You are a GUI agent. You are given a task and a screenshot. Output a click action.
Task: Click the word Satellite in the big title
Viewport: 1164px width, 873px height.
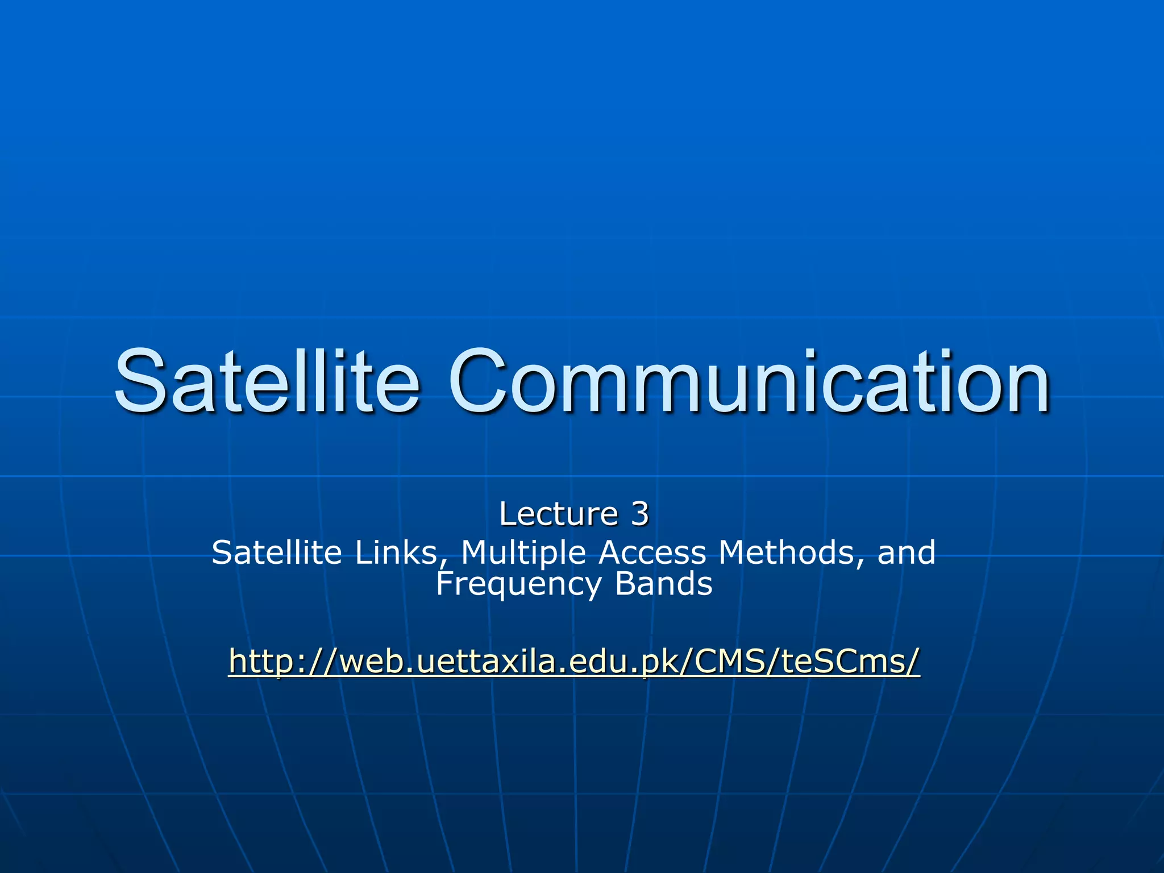pos(267,381)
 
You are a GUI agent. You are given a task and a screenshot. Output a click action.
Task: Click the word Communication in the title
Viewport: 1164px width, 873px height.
pos(749,381)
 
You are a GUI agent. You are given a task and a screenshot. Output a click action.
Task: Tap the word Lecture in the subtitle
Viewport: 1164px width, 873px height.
pos(559,514)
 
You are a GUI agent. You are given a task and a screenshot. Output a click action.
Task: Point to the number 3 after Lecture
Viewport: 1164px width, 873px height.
pos(639,514)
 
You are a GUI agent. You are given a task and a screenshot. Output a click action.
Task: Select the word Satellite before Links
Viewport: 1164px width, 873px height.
pos(277,552)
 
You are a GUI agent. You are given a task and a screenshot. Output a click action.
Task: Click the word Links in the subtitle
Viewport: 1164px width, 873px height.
pos(398,552)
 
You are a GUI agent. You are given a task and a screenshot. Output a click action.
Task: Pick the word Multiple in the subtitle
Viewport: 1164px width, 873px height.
pos(523,553)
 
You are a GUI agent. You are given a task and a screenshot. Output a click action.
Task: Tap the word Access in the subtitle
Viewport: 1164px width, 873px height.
pos(653,552)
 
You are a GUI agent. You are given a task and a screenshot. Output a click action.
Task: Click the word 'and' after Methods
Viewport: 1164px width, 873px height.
pos(907,552)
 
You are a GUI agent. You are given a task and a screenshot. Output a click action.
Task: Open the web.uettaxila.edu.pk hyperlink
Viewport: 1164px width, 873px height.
pos(574,660)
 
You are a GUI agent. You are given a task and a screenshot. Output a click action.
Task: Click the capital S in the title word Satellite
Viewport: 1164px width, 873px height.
pos(140,381)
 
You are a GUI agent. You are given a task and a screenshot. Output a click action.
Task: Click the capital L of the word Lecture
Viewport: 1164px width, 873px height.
pos(508,514)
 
